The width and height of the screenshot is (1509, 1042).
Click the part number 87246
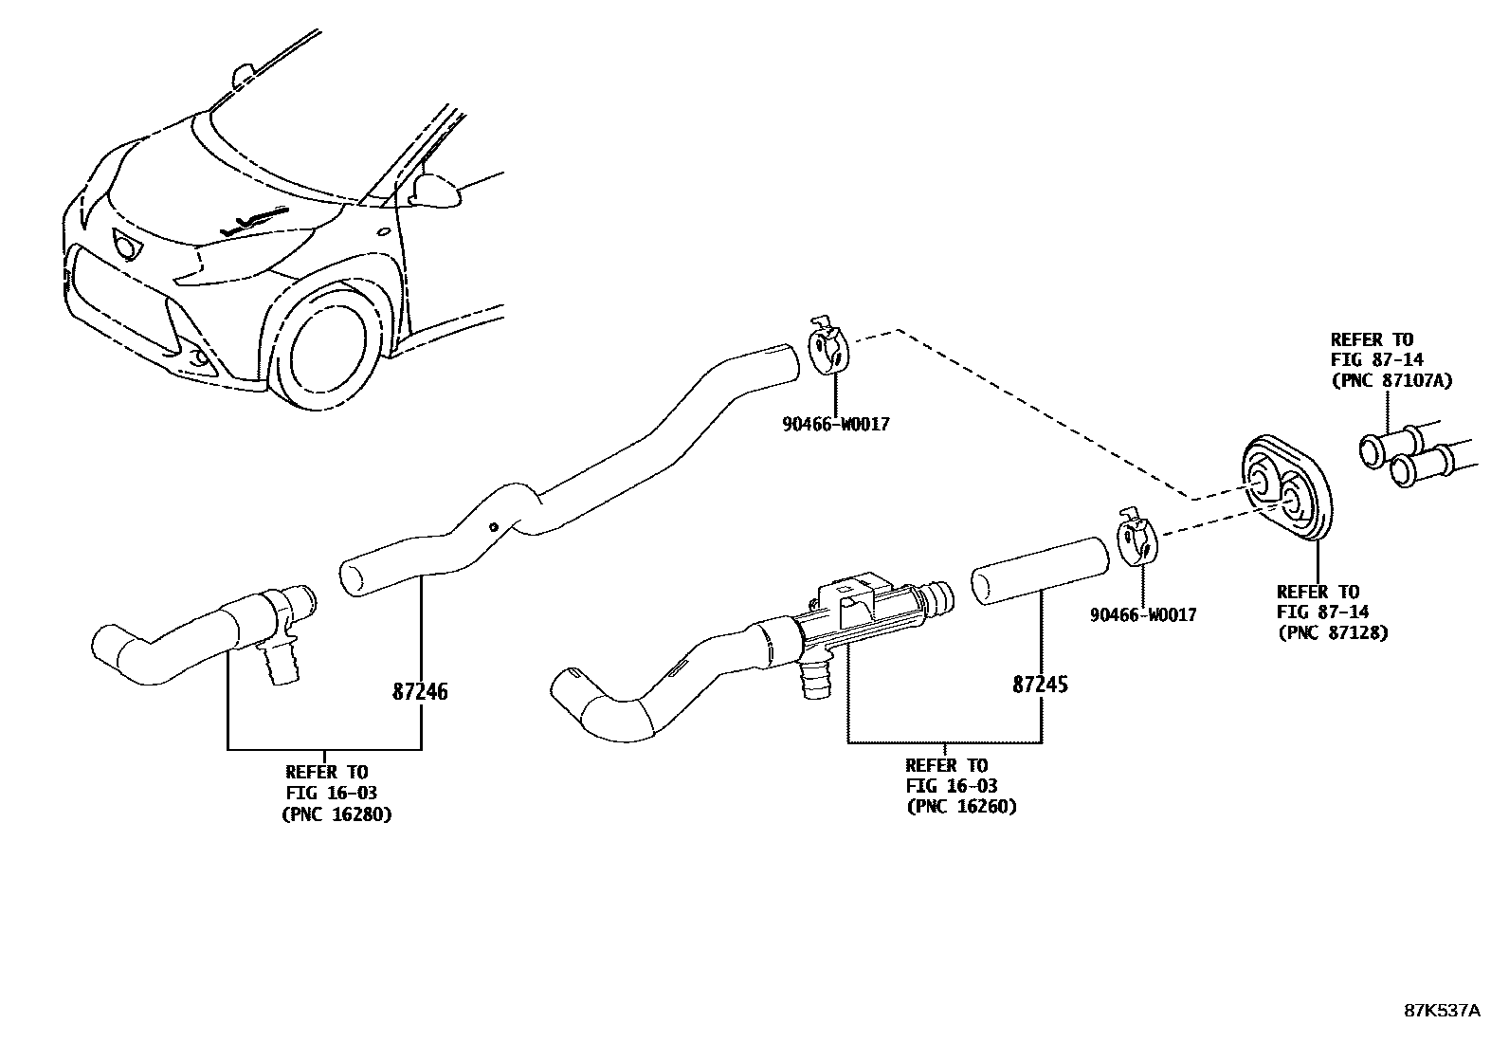click(x=420, y=692)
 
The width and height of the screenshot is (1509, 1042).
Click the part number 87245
click(x=1040, y=685)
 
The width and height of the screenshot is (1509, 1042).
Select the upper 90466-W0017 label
click(x=835, y=425)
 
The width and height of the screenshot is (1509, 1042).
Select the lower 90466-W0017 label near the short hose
click(x=1142, y=615)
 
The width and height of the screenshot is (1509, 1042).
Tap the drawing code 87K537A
click(x=1441, y=1010)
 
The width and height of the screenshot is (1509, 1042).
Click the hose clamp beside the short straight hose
click(x=1136, y=539)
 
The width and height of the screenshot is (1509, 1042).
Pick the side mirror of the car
click(x=437, y=191)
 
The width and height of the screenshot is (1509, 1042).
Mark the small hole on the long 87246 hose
click(x=493, y=527)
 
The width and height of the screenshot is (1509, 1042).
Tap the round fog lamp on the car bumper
click(x=200, y=358)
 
